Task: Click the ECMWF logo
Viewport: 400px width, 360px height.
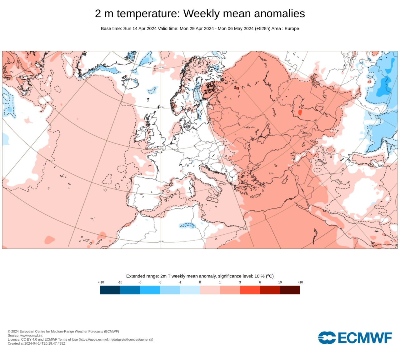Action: click(355, 338)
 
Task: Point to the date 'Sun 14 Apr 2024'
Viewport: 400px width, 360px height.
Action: click(140, 28)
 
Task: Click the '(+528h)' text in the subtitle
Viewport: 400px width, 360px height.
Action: click(262, 28)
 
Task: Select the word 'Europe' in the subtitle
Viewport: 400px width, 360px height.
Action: click(292, 28)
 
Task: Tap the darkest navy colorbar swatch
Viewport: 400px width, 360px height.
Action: click(110, 290)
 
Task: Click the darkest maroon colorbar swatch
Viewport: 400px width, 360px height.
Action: click(290, 290)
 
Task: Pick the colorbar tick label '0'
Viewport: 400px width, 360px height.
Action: click(200, 282)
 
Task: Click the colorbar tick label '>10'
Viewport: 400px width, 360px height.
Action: click(300, 282)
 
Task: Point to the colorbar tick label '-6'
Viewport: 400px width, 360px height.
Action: click(140, 282)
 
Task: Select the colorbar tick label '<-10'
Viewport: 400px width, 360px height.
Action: click(101, 282)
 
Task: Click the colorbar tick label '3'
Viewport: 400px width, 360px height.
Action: click(240, 282)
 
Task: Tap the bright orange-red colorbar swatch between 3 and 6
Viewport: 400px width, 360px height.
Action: click(250, 290)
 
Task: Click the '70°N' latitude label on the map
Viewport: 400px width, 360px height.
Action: click(161, 67)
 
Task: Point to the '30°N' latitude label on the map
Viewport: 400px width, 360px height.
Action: click(161, 242)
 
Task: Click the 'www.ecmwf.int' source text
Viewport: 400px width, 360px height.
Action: click(31, 335)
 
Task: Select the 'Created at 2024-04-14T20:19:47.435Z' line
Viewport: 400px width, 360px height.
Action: click(37, 343)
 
